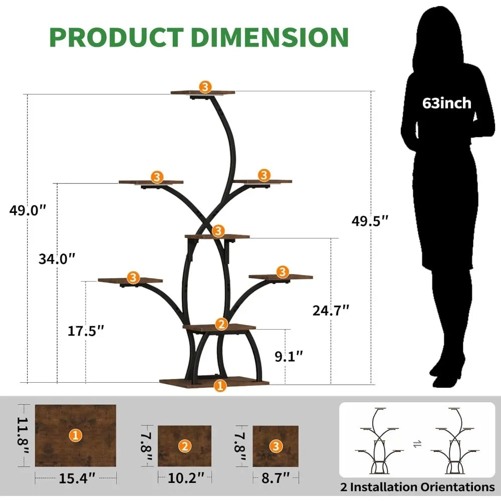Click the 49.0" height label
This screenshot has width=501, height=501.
pyautogui.click(x=28, y=210)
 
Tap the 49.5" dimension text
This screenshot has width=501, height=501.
pyautogui.click(x=370, y=221)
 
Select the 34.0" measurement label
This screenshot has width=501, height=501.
pyautogui.click(x=57, y=259)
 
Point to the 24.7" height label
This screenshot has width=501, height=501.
pyautogui.click(x=331, y=310)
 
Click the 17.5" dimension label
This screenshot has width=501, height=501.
pyautogui.click(x=86, y=331)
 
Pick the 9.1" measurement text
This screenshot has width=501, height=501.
pyautogui.click(x=289, y=356)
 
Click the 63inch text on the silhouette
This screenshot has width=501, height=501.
pyautogui.click(x=447, y=103)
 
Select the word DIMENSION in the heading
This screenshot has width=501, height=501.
pyautogui.click(x=270, y=38)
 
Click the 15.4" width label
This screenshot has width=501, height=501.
pyautogui.click(x=77, y=478)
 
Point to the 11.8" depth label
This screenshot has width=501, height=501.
pyautogui.click(x=23, y=435)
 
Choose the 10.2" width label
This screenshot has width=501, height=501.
pyautogui.click(x=186, y=478)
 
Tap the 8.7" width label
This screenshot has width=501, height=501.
pyautogui.click(x=276, y=478)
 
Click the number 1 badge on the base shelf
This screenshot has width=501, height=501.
pyautogui.click(x=220, y=386)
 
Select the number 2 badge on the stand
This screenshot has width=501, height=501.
pyautogui.click(x=221, y=324)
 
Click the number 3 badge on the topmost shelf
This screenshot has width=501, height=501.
pyautogui.click(x=205, y=87)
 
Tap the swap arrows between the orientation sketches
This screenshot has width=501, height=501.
pyautogui.click(x=417, y=444)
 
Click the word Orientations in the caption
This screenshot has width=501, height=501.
pyautogui.click(x=457, y=487)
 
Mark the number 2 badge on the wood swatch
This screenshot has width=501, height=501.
pyautogui.click(x=185, y=446)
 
